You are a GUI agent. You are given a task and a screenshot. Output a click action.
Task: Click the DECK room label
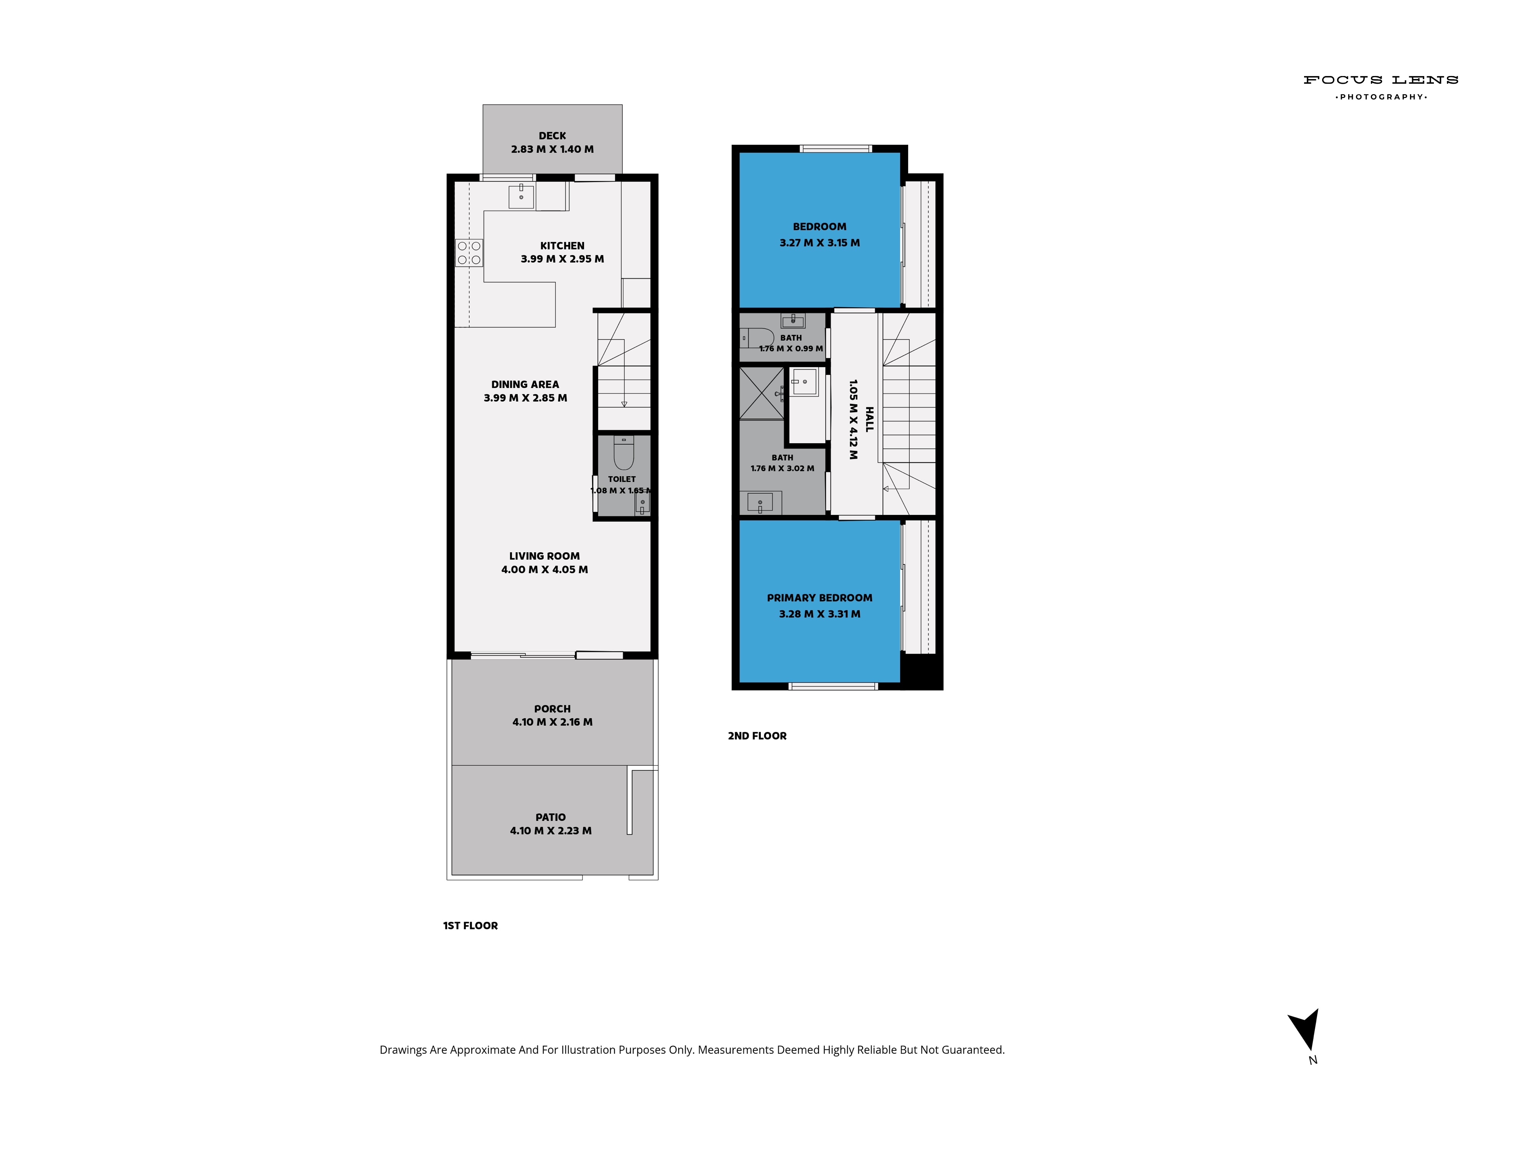[552, 136]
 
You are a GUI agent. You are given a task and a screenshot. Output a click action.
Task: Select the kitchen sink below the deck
[521, 197]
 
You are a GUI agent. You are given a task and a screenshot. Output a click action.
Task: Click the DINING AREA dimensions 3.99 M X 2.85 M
[526, 398]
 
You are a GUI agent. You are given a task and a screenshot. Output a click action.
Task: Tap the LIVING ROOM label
[545, 556]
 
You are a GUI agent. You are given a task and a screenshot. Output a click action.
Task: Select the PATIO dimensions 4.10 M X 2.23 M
[551, 831]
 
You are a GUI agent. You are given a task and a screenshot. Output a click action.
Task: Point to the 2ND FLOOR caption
[757, 736]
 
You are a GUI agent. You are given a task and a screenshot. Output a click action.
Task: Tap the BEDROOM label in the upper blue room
[819, 227]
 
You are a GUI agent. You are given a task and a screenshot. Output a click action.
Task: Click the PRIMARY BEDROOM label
[819, 598]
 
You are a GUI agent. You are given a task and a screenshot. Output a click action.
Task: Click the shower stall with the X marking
[762, 393]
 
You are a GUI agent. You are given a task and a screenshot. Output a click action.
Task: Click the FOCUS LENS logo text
[1380, 80]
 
